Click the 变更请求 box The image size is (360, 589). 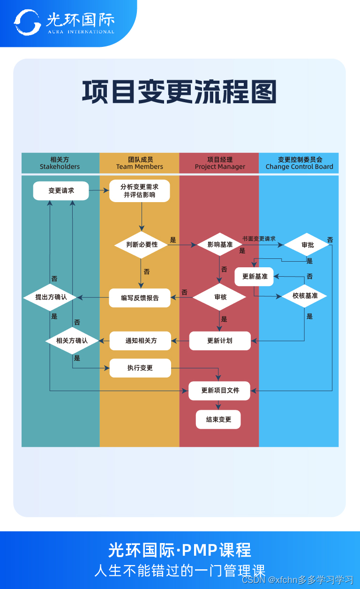pos(61,191)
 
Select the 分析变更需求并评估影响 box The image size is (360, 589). pos(140,191)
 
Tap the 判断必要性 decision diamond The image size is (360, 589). pos(142,245)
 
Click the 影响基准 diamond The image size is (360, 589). pos(220,245)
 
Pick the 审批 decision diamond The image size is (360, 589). pos(307,245)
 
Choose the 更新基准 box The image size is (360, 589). pos(255,277)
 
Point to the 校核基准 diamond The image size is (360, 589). pos(305,296)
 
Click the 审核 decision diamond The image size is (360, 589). pos(220,297)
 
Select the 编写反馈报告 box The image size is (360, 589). pos(140,298)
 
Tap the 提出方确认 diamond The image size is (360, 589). pos(51,297)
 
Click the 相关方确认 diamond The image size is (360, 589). pos(72,340)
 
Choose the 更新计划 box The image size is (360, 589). pos(220,341)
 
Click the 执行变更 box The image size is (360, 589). pos(140,368)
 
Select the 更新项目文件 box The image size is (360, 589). pos(220,391)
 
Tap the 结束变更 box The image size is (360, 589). pos(218,420)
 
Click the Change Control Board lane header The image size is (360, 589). pos(299,163)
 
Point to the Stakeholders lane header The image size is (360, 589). pos(60,163)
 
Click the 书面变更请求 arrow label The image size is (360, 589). pos(259,239)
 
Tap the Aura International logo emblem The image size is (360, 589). pos(27,22)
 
